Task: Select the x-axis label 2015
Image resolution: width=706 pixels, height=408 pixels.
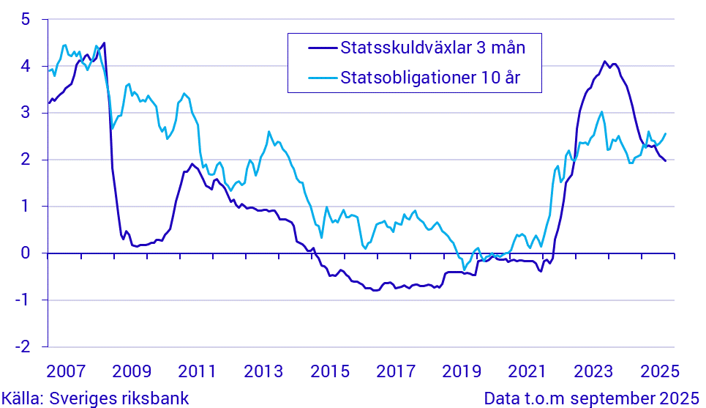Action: (331, 369)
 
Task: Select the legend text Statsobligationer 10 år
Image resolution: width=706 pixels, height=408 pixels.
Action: (430, 78)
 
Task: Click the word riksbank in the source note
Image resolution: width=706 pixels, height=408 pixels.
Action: (156, 398)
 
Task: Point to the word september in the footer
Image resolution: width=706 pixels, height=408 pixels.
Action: (614, 398)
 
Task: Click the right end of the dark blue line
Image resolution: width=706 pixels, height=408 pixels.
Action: (665, 160)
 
